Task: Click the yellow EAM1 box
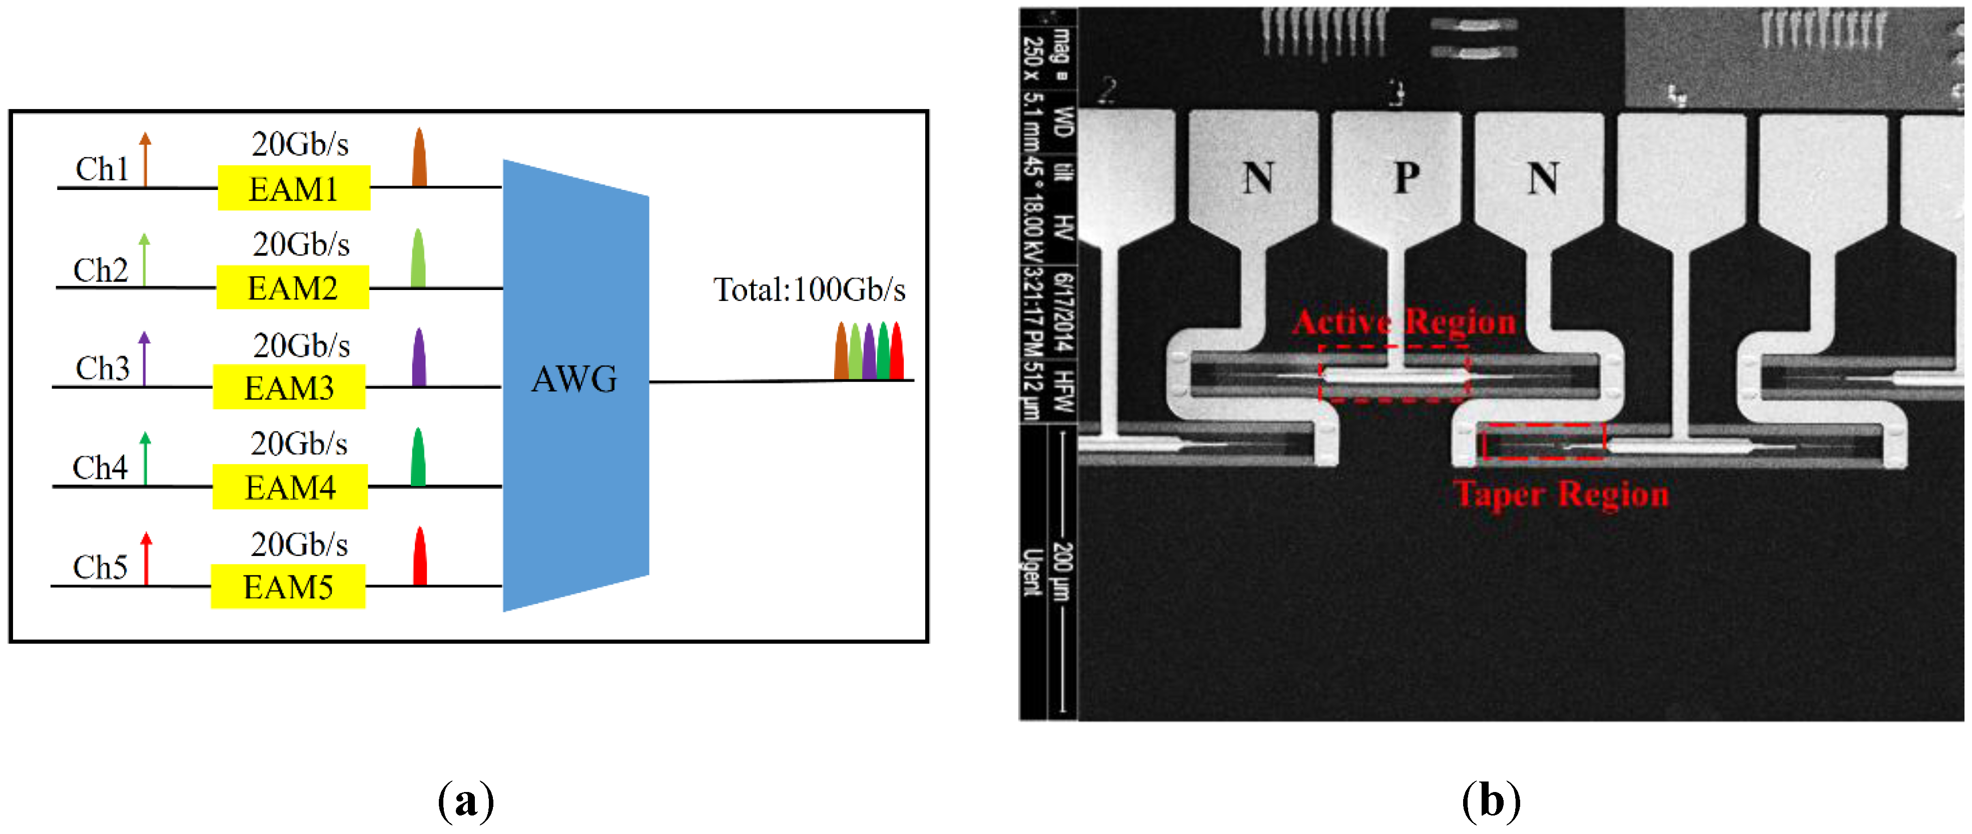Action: (x=294, y=188)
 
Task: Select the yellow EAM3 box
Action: (x=289, y=387)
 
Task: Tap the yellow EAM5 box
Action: (x=288, y=587)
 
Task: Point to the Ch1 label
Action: (x=102, y=169)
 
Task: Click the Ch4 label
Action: (x=100, y=467)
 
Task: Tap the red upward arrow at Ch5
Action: (x=146, y=558)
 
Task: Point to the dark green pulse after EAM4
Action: (x=418, y=457)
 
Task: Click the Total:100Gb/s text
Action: (x=809, y=290)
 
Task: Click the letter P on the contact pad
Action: (x=1406, y=178)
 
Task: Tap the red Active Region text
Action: (x=1404, y=321)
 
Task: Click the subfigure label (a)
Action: (x=465, y=801)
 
